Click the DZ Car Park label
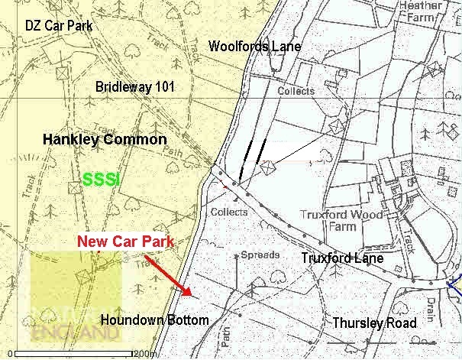pos(59,26)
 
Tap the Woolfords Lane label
pos(254,47)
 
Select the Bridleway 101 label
pos(135,87)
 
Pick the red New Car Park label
pos(125,242)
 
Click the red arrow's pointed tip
pos(189,294)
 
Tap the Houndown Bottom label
pos(154,319)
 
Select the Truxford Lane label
pos(341,258)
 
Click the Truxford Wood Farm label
pos(341,221)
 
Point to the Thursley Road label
pos(375,323)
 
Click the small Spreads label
pos(256,254)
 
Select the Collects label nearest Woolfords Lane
pos(296,91)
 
